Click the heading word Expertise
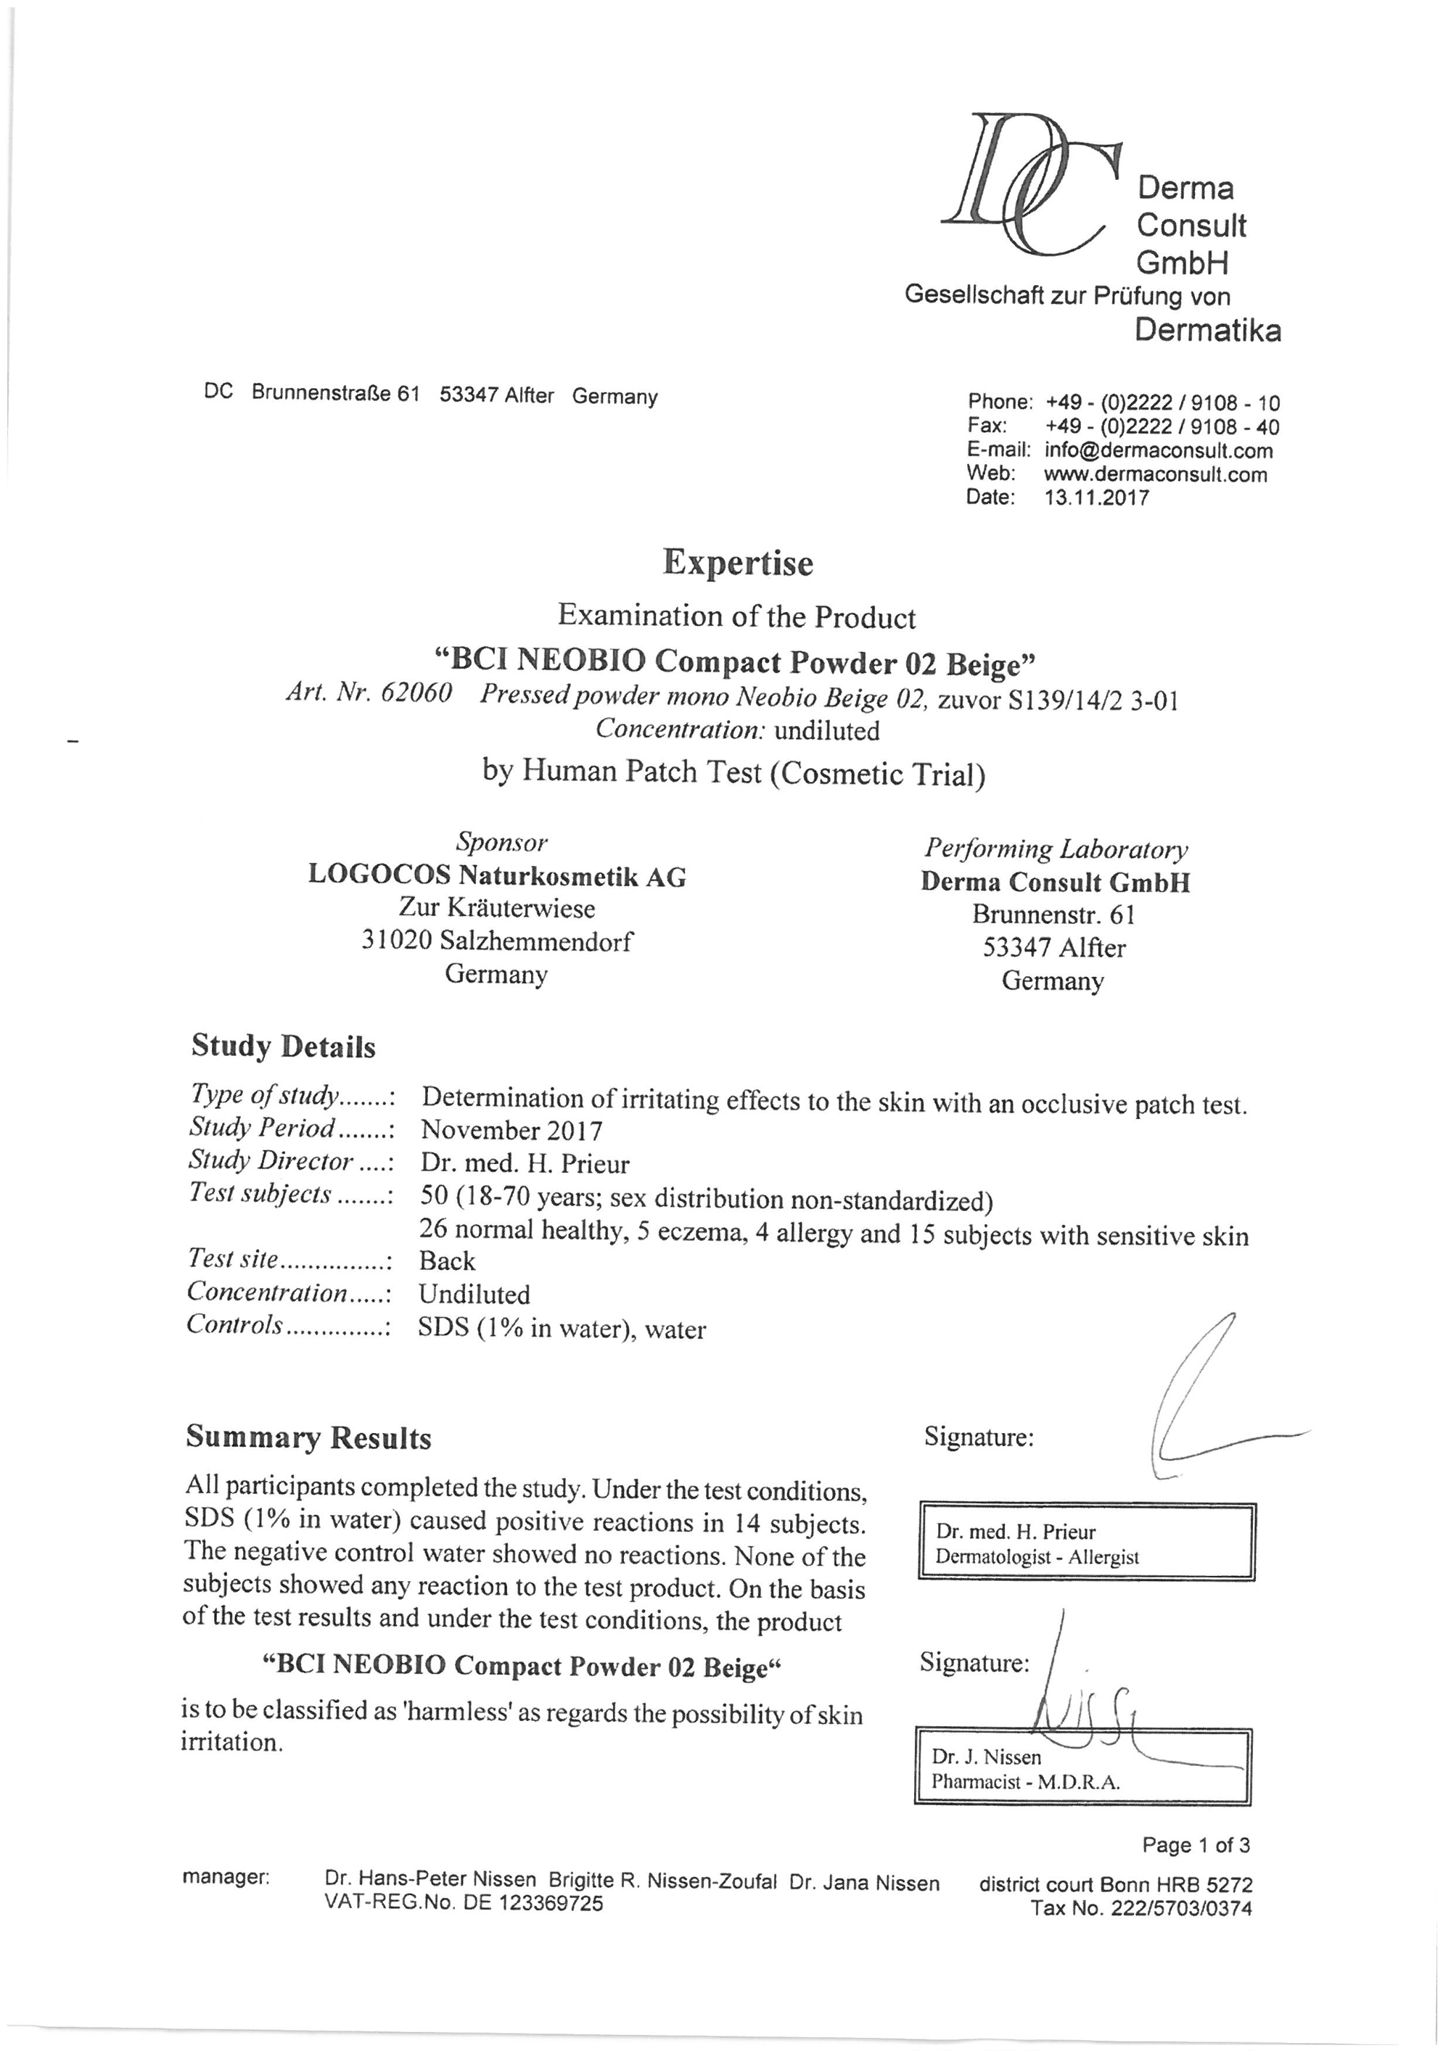click(737, 564)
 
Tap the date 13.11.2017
click(1096, 498)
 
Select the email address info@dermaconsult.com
click(1158, 450)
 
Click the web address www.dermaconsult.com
click(1154, 474)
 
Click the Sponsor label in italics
click(501, 841)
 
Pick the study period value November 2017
click(512, 1130)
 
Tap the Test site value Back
click(447, 1260)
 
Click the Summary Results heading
click(308, 1437)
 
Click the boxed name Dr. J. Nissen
click(987, 1757)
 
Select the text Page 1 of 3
click(1196, 1844)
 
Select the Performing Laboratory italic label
click(1055, 848)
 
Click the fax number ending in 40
click(1162, 427)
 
